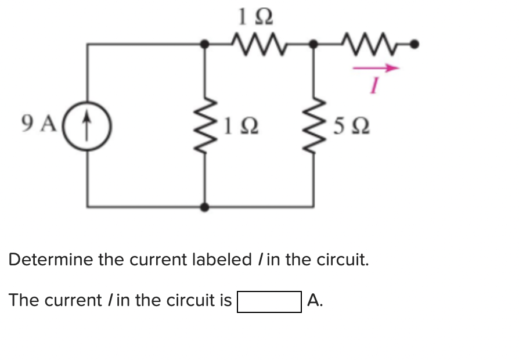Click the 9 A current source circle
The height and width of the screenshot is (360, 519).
[87, 125]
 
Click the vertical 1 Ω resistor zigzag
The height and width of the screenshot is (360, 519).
[204, 125]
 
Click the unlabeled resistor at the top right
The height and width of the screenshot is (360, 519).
[365, 42]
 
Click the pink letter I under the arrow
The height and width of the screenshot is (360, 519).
[375, 86]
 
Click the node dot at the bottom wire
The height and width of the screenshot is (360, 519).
[204, 206]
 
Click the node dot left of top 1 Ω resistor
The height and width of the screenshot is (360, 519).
[204, 44]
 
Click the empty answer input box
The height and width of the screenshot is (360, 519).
[269, 301]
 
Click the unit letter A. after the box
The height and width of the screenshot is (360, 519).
[315, 300]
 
